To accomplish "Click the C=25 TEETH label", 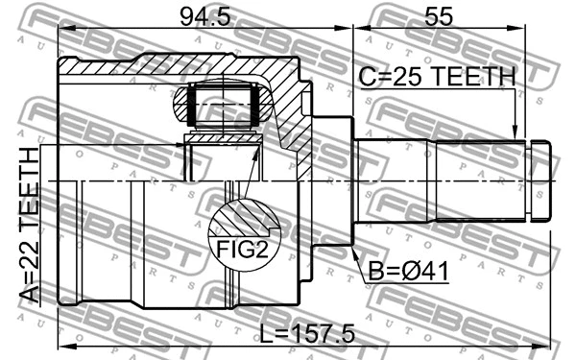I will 437,76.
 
